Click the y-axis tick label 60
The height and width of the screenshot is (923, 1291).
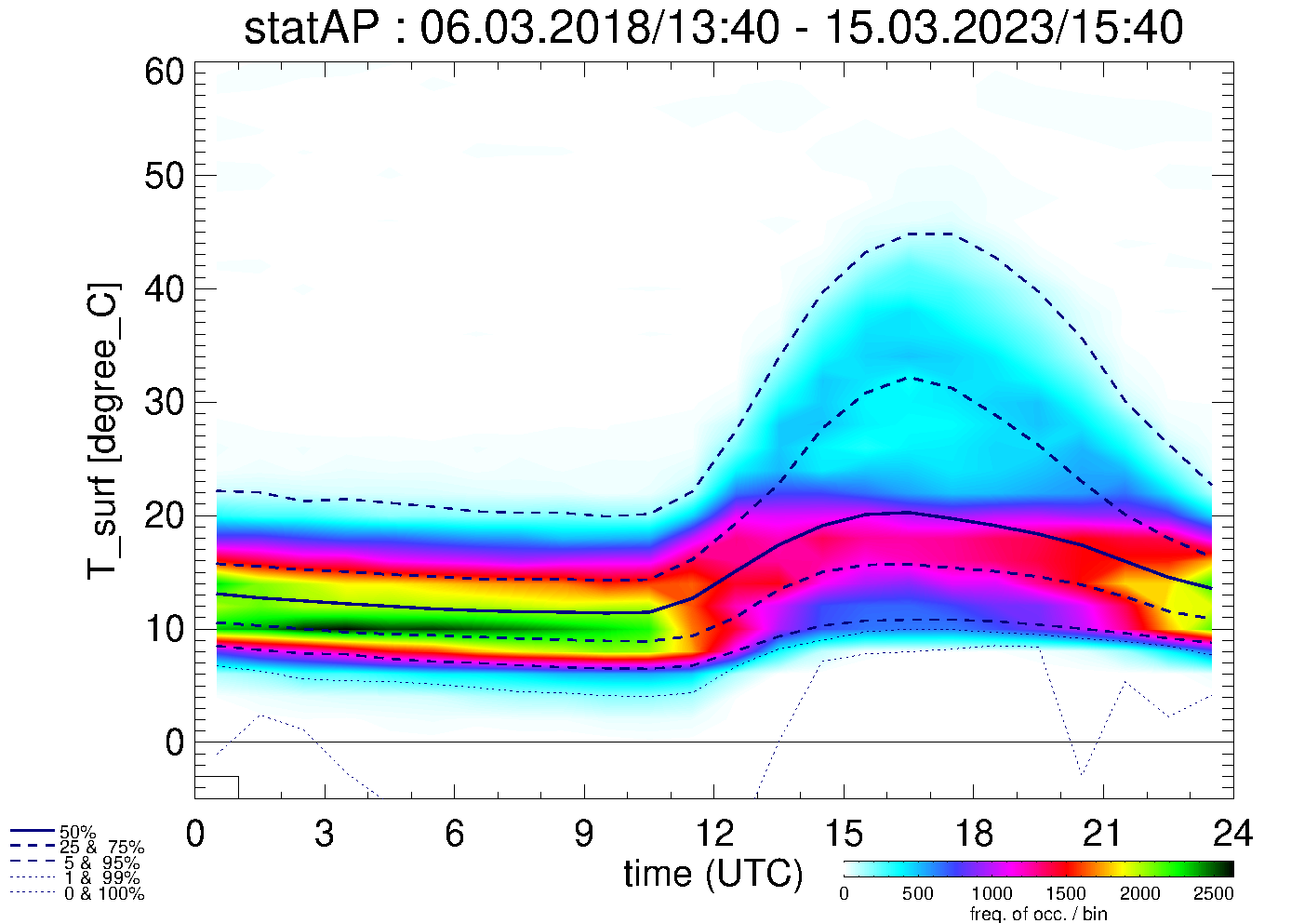(x=164, y=72)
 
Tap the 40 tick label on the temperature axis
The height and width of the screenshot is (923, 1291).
(x=164, y=288)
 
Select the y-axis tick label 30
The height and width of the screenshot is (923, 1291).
(x=164, y=402)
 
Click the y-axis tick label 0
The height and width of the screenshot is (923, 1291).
(x=174, y=742)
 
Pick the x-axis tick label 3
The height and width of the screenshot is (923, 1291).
(x=325, y=834)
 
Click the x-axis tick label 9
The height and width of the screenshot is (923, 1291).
(x=584, y=834)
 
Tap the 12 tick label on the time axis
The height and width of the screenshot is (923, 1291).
(x=713, y=834)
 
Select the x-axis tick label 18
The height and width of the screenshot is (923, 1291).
(x=973, y=834)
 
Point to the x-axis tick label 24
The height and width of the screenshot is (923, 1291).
(x=1232, y=834)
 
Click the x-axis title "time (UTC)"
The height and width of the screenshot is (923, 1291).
(x=712, y=874)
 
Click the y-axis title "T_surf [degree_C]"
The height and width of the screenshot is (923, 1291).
(x=103, y=431)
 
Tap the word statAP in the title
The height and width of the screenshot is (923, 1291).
(x=312, y=28)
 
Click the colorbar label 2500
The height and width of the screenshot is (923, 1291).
(x=1213, y=894)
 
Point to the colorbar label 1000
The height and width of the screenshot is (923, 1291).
(x=992, y=894)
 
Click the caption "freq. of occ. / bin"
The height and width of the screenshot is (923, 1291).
(x=1038, y=914)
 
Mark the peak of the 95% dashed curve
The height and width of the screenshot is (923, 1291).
(x=930, y=234)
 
